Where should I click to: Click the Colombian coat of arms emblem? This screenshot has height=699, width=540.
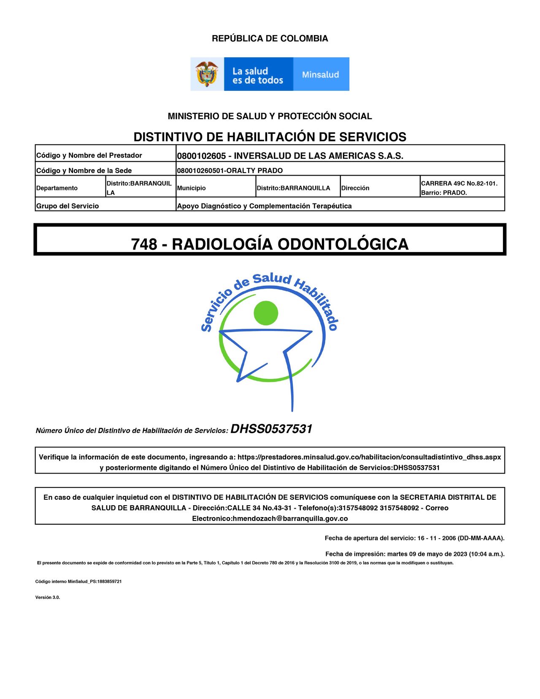pos(207,74)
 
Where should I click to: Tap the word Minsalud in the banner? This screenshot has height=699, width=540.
pos(320,75)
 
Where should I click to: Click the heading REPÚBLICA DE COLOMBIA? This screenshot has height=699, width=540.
pos(270,38)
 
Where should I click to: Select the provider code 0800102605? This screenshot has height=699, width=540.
pos(201,156)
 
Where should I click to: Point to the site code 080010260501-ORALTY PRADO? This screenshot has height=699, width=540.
pos(230,171)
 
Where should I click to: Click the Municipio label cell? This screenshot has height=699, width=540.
pos(192,188)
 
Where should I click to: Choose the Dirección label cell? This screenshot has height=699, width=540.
pos(355,188)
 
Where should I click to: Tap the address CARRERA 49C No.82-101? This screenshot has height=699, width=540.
pos(459,183)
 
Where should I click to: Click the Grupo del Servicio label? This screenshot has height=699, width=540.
pos(67,206)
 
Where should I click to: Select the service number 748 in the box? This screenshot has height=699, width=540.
pos(144,244)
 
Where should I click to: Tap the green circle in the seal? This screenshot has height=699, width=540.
pos(266,313)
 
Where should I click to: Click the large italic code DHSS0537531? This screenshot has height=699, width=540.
pos(271,429)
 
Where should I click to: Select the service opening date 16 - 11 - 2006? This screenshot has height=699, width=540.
pos(437,538)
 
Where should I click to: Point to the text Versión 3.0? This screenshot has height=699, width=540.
pos(47,597)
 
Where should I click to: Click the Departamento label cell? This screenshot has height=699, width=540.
pos(57,188)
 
